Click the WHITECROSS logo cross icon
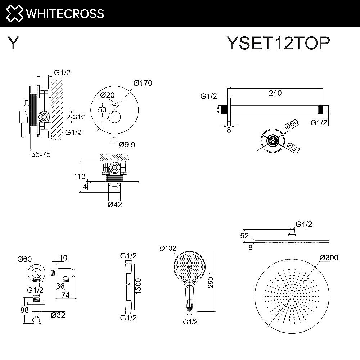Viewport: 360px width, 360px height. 13,13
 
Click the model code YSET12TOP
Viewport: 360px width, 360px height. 278,44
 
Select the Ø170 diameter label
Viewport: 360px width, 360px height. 143,83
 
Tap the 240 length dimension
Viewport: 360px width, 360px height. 275,93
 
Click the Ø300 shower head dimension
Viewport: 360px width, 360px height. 329,257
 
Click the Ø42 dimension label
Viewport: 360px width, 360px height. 115,204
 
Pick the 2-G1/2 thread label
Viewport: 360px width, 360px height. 76,117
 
